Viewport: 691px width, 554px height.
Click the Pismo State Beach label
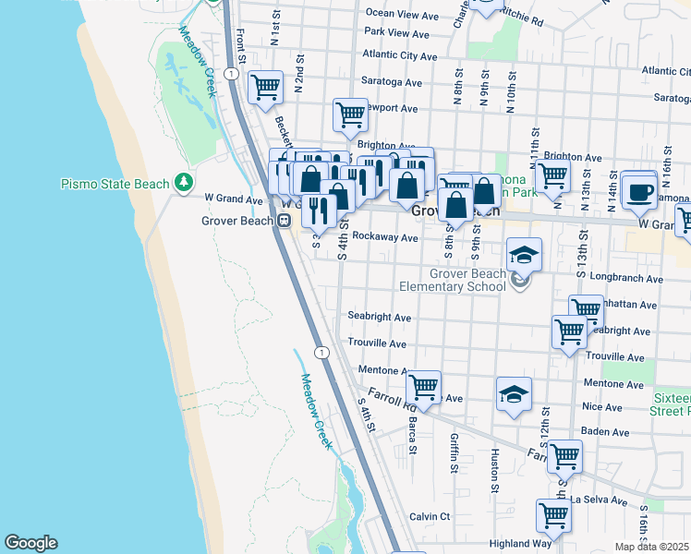[x=115, y=184]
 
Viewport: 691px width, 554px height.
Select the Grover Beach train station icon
[x=285, y=220]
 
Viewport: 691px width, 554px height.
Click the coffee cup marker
[x=638, y=191]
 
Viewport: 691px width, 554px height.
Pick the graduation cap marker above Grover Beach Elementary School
[x=524, y=254]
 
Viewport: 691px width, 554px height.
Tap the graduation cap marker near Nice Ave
[x=514, y=394]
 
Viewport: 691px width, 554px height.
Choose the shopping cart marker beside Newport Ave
[x=350, y=115]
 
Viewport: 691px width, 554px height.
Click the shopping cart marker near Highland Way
[x=553, y=514]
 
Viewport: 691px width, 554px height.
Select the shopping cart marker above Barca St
[x=423, y=388]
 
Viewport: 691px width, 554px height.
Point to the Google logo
[x=30, y=542]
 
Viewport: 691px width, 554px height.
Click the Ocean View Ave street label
[x=402, y=14]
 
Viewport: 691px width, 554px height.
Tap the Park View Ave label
[x=397, y=33]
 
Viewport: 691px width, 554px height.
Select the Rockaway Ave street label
[x=385, y=237]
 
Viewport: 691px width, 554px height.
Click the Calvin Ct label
[x=430, y=516]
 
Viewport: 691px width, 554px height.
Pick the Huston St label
[x=496, y=470]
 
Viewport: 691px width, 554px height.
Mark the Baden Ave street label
[x=606, y=431]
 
